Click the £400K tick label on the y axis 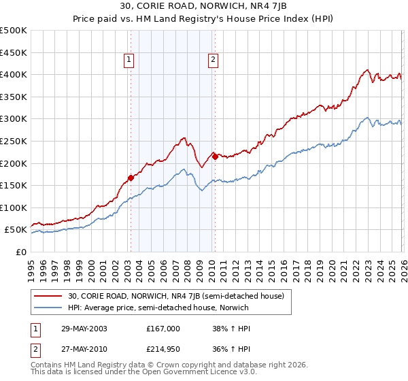point(14,75)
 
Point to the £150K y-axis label point(14,186)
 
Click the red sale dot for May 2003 point(131,178)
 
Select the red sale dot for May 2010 point(214,156)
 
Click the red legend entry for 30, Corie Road point(180,296)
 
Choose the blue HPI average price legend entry point(158,308)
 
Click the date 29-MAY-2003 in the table point(83,328)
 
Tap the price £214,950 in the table point(163,349)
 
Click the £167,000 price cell point(163,328)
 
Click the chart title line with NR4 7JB point(203,7)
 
